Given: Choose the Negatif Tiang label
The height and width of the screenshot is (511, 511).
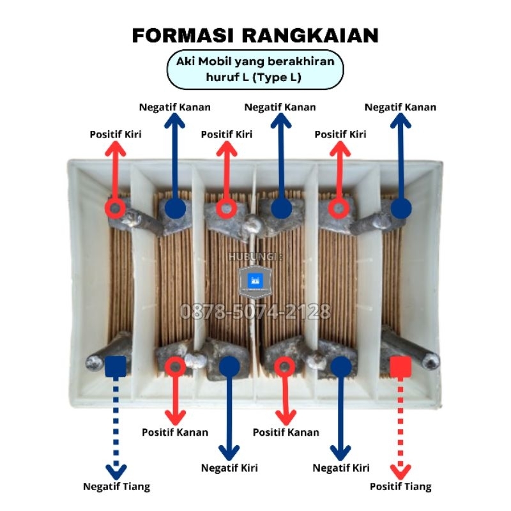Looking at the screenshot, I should click(116, 487).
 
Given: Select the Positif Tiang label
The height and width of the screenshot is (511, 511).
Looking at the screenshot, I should click(400, 487).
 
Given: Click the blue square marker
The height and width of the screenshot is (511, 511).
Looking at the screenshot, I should click(115, 365).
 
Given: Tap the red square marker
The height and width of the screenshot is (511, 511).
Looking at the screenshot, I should click(400, 365).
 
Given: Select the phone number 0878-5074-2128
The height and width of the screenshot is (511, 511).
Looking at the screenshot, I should click(255, 312).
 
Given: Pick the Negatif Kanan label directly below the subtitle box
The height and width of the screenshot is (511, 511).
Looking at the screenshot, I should click(280, 107).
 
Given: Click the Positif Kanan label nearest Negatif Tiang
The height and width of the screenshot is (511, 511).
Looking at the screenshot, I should click(175, 432).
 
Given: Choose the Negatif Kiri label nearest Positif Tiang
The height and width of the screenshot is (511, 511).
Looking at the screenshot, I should click(341, 468).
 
